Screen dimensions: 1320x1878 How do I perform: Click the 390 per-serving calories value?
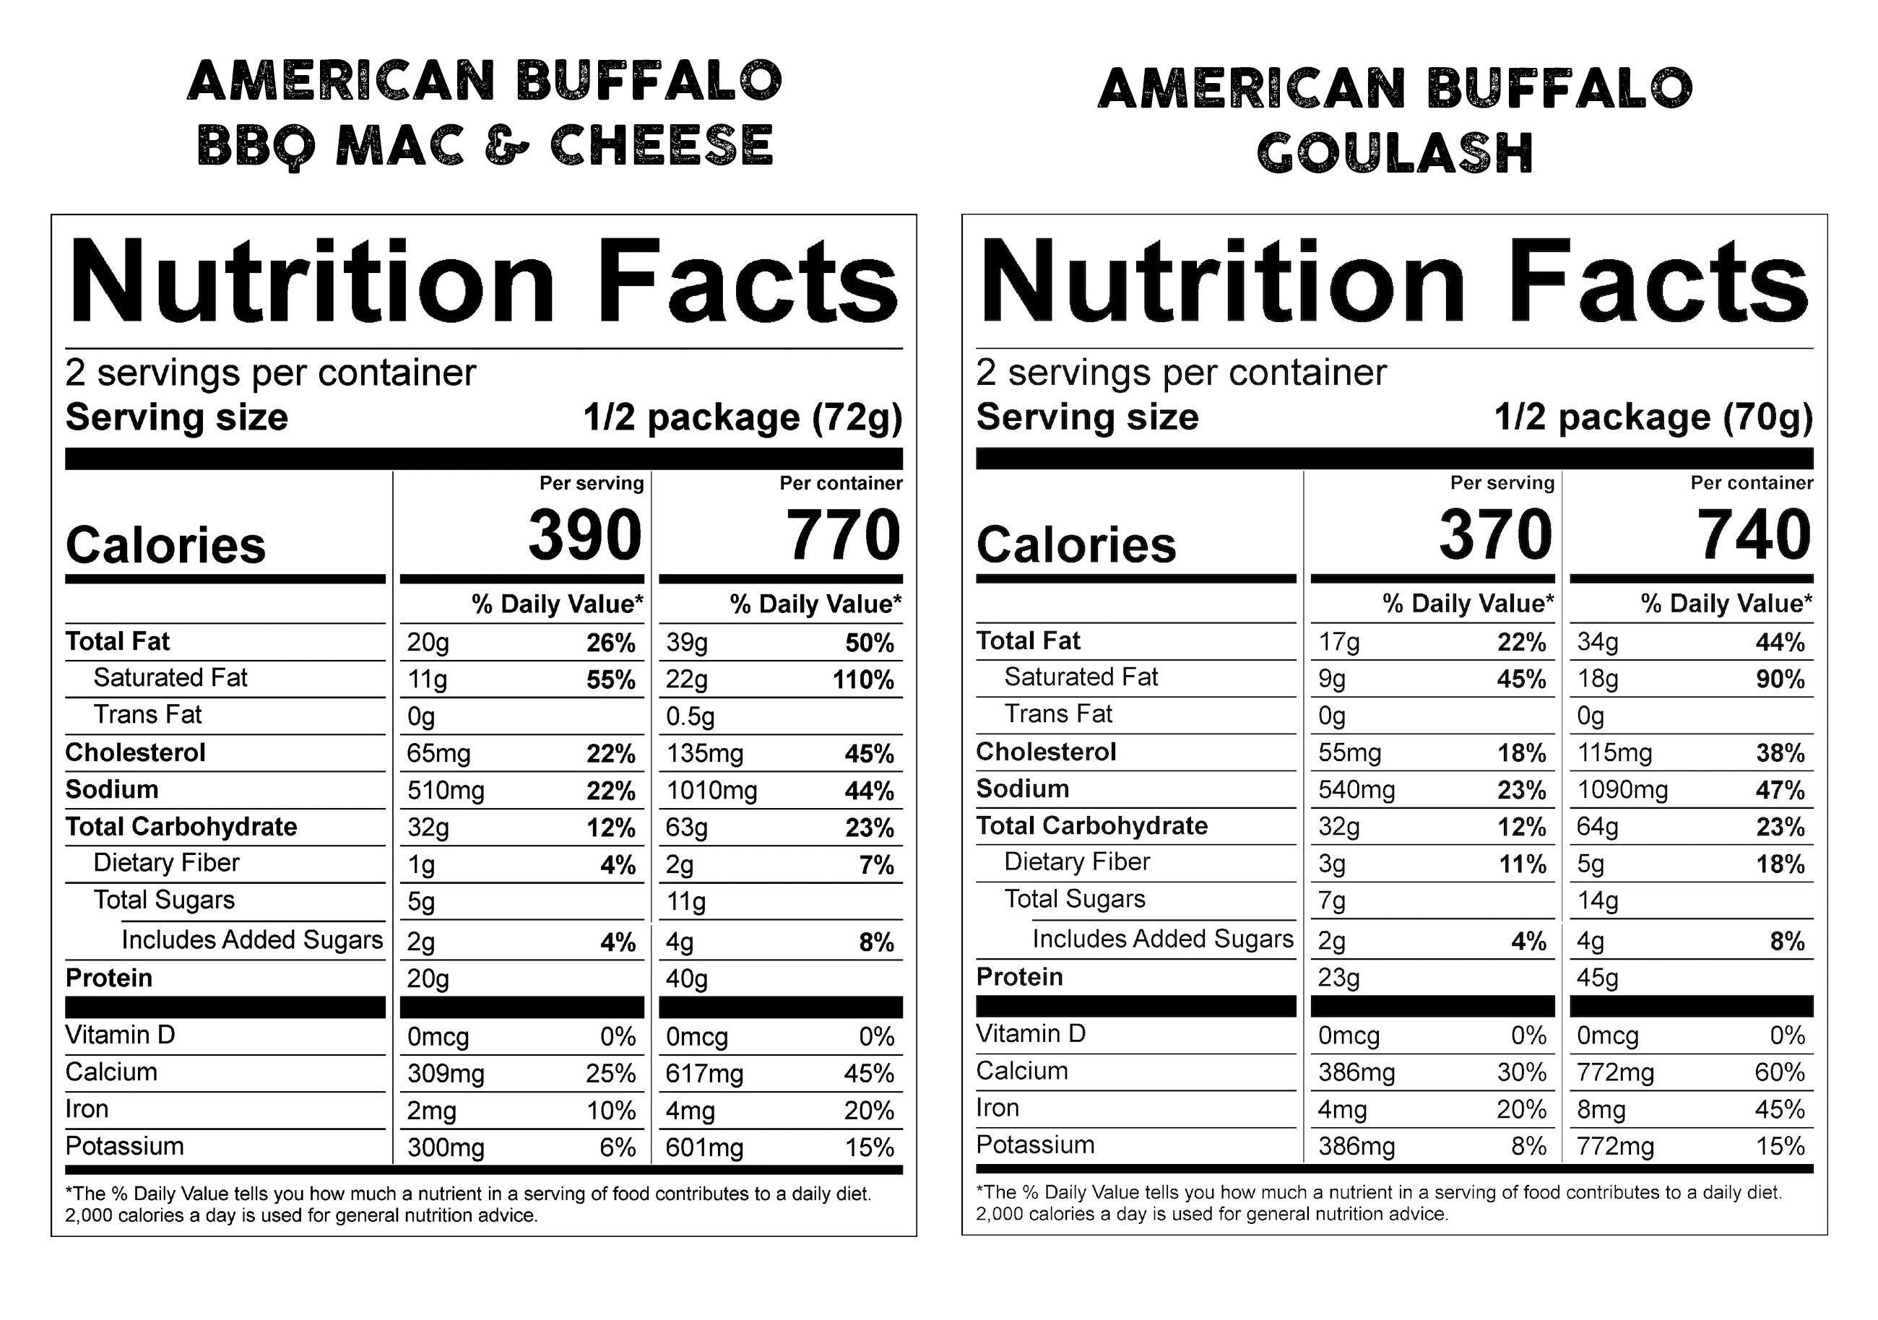click(x=585, y=535)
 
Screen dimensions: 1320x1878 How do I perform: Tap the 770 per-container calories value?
click(x=844, y=535)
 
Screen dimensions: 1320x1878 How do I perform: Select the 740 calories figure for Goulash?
click(x=1754, y=535)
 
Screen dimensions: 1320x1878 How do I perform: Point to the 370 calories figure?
click(x=1496, y=535)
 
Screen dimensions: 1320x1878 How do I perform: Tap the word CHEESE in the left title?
click(x=662, y=146)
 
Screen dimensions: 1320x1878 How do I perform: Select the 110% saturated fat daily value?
click(x=863, y=679)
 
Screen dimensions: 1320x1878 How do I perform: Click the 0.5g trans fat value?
click(x=690, y=716)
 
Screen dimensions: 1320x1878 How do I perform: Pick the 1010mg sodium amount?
click(x=711, y=791)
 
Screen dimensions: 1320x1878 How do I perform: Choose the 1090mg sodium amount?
click(x=1622, y=790)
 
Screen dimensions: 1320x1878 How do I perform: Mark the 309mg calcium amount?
click(x=445, y=1073)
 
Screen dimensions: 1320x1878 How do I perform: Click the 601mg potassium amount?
click(x=704, y=1147)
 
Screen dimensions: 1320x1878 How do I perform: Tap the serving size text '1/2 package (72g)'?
click(x=743, y=417)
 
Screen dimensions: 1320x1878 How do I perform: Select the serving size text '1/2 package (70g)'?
click(x=1653, y=417)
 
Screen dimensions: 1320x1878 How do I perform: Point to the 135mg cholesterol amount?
click(x=704, y=753)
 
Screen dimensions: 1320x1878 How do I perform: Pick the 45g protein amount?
click(x=1598, y=978)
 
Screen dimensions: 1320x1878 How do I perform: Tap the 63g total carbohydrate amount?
click(x=686, y=828)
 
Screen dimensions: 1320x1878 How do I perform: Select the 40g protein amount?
click(x=686, y=979)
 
